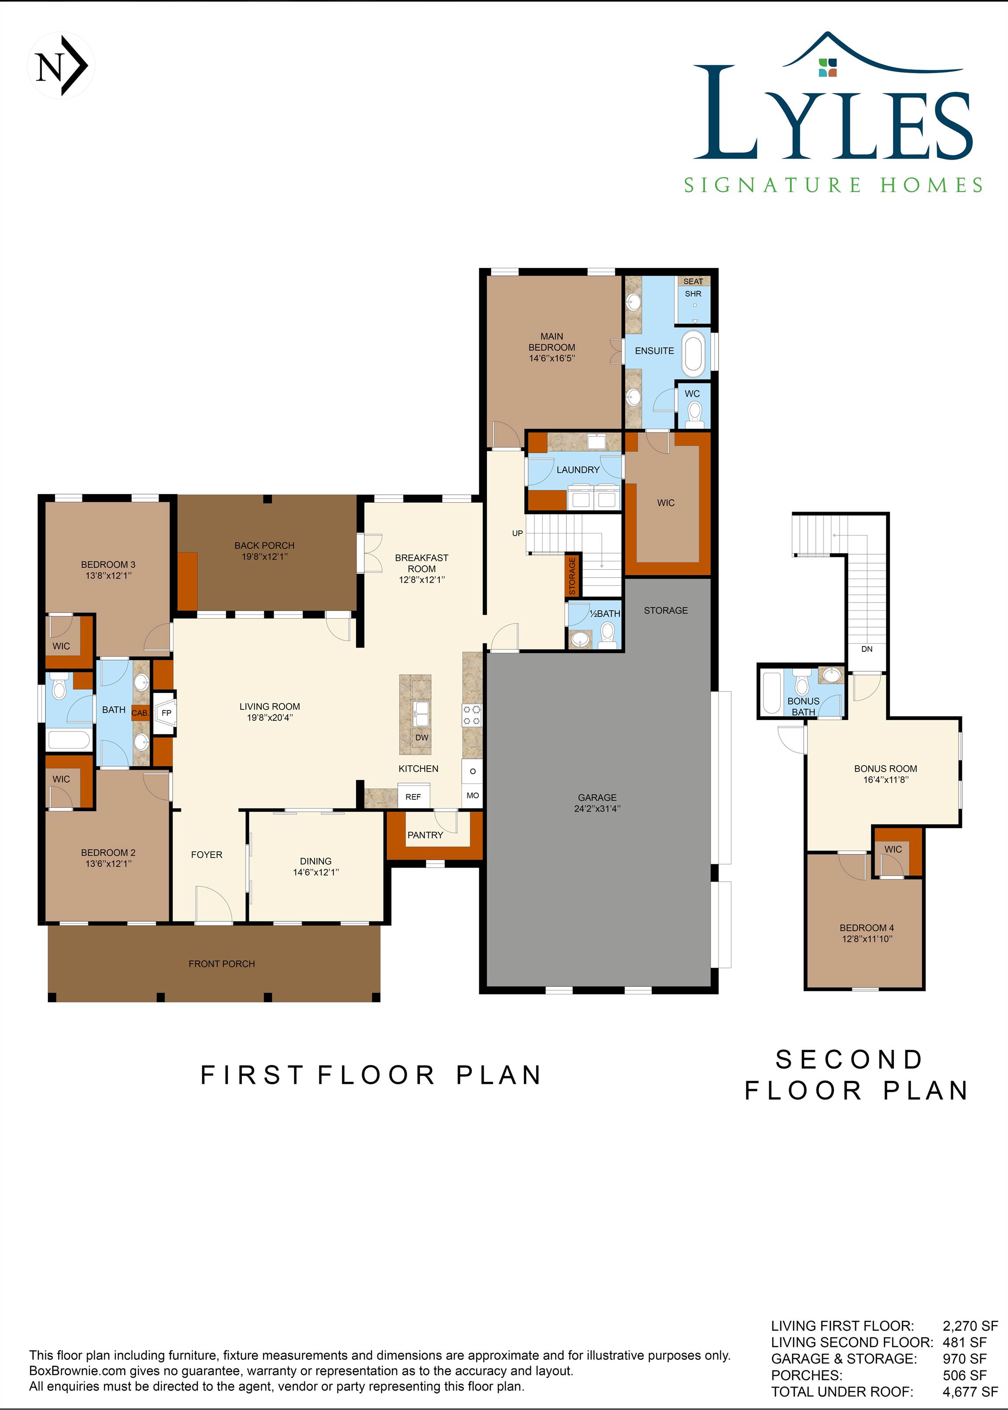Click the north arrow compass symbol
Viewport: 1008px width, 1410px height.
click(x=61, y=66)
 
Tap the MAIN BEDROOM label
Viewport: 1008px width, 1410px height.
click(x=552, y=342)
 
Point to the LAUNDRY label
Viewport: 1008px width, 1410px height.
click(x=578, y=470)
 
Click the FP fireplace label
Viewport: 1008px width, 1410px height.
click(x=167, y=713)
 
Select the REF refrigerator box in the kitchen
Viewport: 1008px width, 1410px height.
click(x=413, y=797)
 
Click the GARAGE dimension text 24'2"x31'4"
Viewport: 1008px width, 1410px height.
click(x=597, y=809)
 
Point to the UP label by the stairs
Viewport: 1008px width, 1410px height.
click(x=518, y=533)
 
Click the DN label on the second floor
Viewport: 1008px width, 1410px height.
click(x=867, y=649)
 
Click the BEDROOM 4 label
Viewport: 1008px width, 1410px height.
click(x=867, y=928)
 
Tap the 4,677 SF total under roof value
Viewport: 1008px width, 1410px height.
click(x=970, y=1392)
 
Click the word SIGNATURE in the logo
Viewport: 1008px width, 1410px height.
click(x=773, y=185)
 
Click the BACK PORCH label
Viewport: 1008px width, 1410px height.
click(x=264, y=545)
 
